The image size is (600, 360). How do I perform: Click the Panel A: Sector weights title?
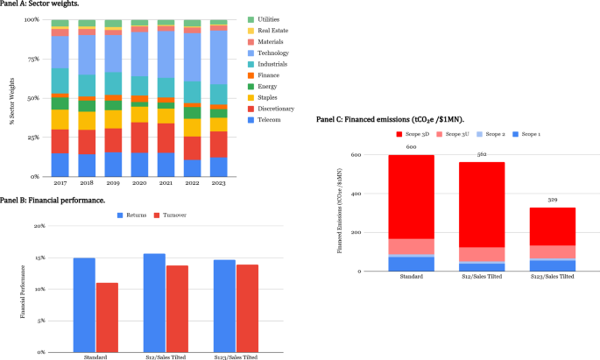click(x=39, y=4)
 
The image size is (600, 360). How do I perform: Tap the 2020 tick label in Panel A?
click(x=138, y=184)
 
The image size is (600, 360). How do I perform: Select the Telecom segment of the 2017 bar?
click(x=60, y=165)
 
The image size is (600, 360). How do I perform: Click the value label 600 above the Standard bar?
click(x=412, y=147)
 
